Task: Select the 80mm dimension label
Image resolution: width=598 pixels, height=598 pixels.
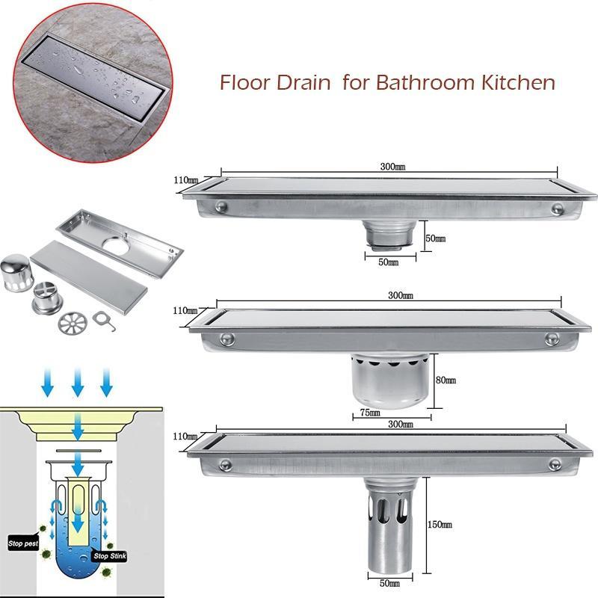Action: [446, 380]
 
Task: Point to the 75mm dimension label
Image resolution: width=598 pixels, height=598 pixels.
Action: [371, 412]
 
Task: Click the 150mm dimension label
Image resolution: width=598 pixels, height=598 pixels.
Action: [442, 525]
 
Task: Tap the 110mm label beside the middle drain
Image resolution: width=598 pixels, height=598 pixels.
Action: [184, 309]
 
